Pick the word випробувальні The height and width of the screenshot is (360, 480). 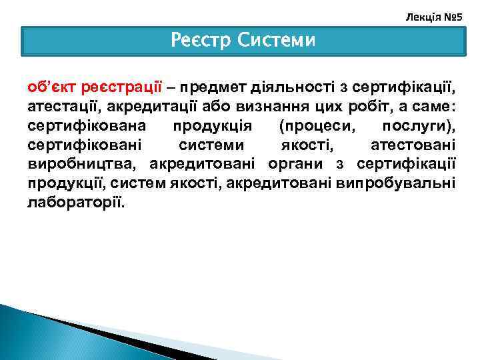396,183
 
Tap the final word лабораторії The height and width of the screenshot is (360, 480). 76,202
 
